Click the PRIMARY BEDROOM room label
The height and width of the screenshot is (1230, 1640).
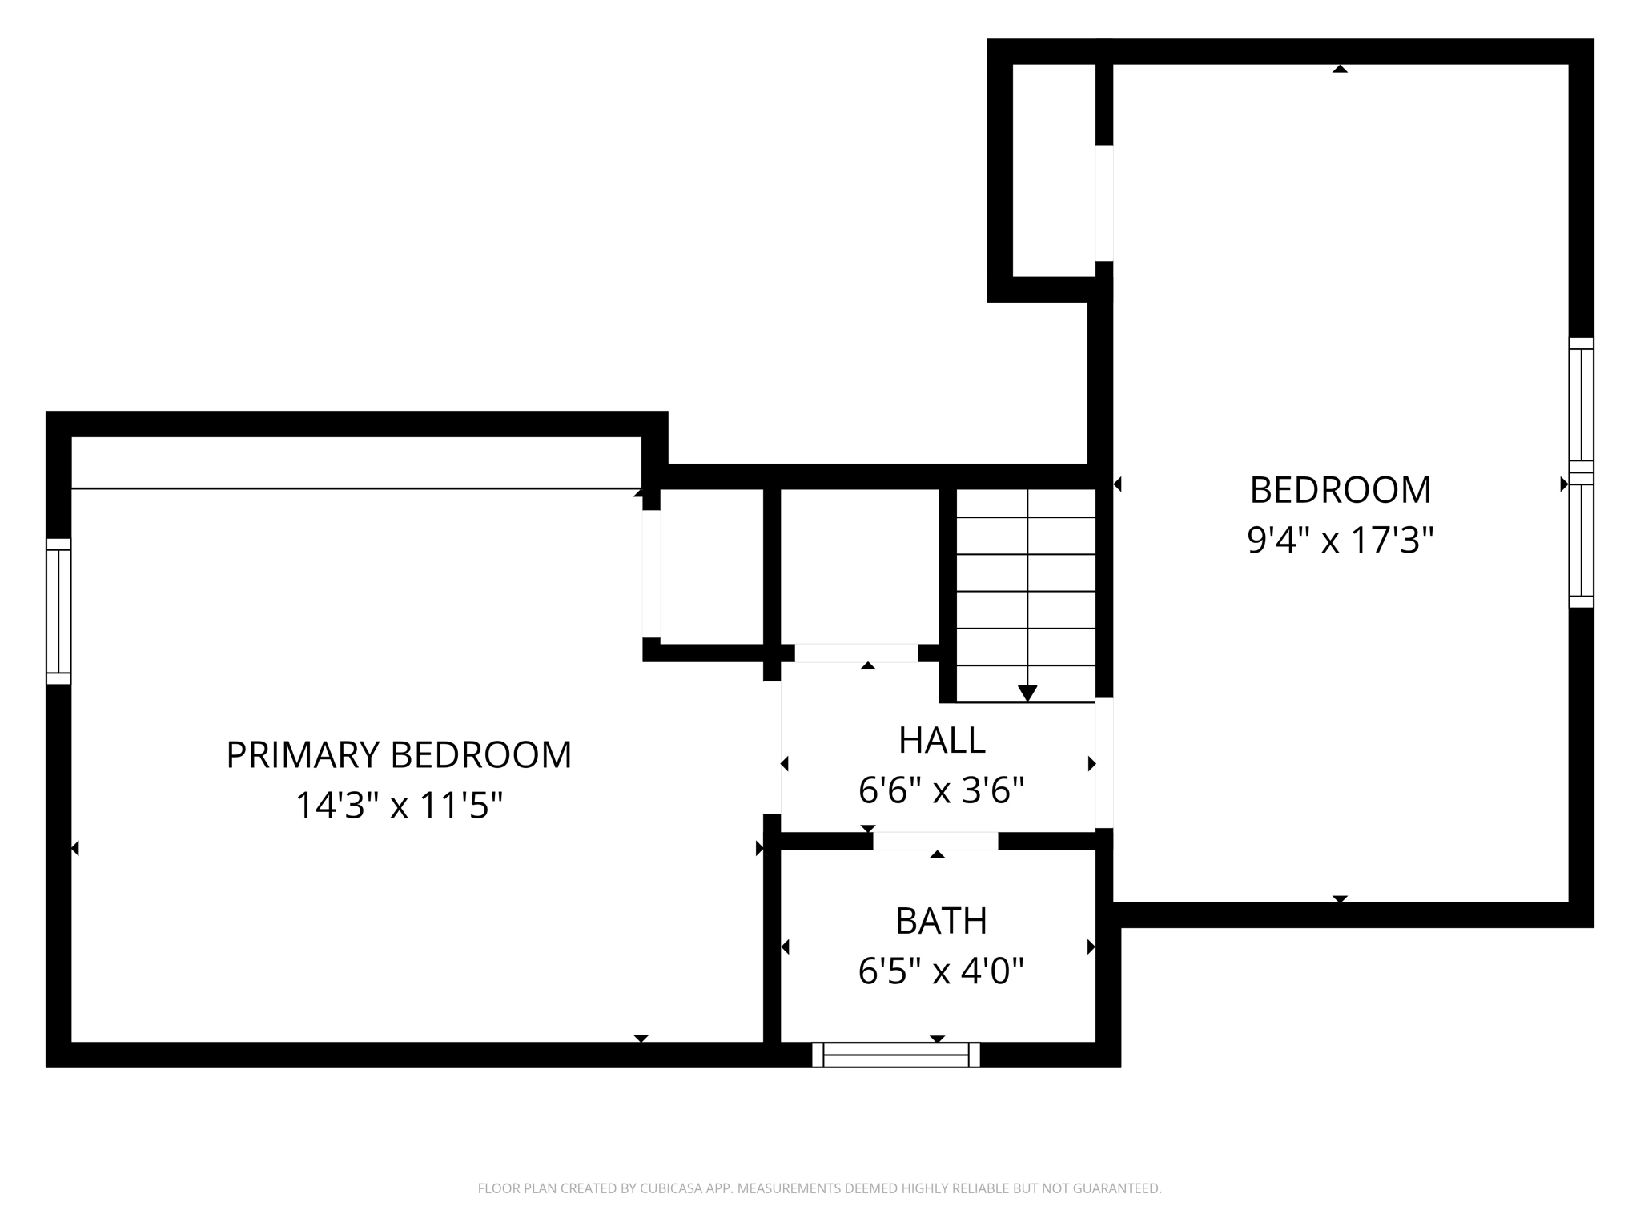point(399,755)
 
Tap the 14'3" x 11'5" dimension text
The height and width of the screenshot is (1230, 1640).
point(399,806)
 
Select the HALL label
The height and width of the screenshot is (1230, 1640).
point(942,741)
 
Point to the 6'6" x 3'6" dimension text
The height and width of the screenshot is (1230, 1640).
point(942,791)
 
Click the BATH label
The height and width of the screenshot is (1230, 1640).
point(941,922)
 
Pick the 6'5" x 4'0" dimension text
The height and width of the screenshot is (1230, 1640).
point(941,972)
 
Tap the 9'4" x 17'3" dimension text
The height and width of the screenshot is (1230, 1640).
point(1340,541)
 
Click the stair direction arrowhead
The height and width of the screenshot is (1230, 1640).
point(1027,693)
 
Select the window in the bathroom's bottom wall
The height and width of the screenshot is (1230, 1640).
point(896,1055)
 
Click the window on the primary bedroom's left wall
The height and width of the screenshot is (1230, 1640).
point(58,611)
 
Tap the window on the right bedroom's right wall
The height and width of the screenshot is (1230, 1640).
point(1581,472)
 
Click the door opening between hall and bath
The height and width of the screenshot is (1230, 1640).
point(935,841)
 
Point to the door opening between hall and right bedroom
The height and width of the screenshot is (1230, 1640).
point(1104,762)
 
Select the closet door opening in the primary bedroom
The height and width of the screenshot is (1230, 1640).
point(651,574)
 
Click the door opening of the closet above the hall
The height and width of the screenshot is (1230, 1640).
point(856,653)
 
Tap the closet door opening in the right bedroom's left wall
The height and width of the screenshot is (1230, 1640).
point(1104,203)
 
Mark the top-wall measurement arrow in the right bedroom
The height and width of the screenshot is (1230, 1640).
point(1340,69)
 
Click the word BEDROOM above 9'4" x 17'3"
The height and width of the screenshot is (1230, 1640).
point(1341,490)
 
